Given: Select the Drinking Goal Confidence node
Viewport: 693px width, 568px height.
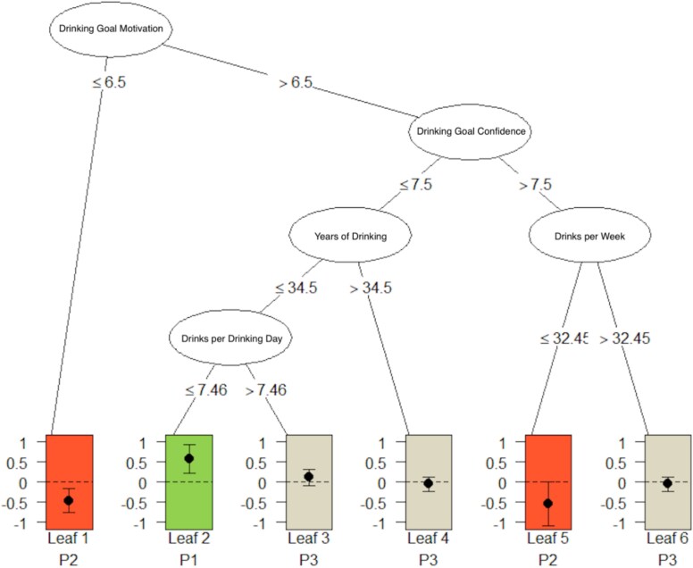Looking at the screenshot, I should [x=471, y=131].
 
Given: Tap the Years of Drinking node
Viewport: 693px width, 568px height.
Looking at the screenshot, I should [x=349, y=237].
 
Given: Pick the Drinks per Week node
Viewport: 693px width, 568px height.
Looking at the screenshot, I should [x=589, y=237].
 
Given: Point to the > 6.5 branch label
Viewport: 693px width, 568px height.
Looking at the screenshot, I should [x=294, y=85].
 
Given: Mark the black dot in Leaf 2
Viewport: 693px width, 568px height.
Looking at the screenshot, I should [x=189, y=458].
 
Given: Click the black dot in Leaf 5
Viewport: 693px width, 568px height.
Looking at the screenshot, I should [x=547, y=504].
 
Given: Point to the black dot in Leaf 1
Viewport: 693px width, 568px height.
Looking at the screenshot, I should [x=69, y=500].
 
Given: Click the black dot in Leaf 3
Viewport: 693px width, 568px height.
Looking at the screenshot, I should [x=309, y=476].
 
